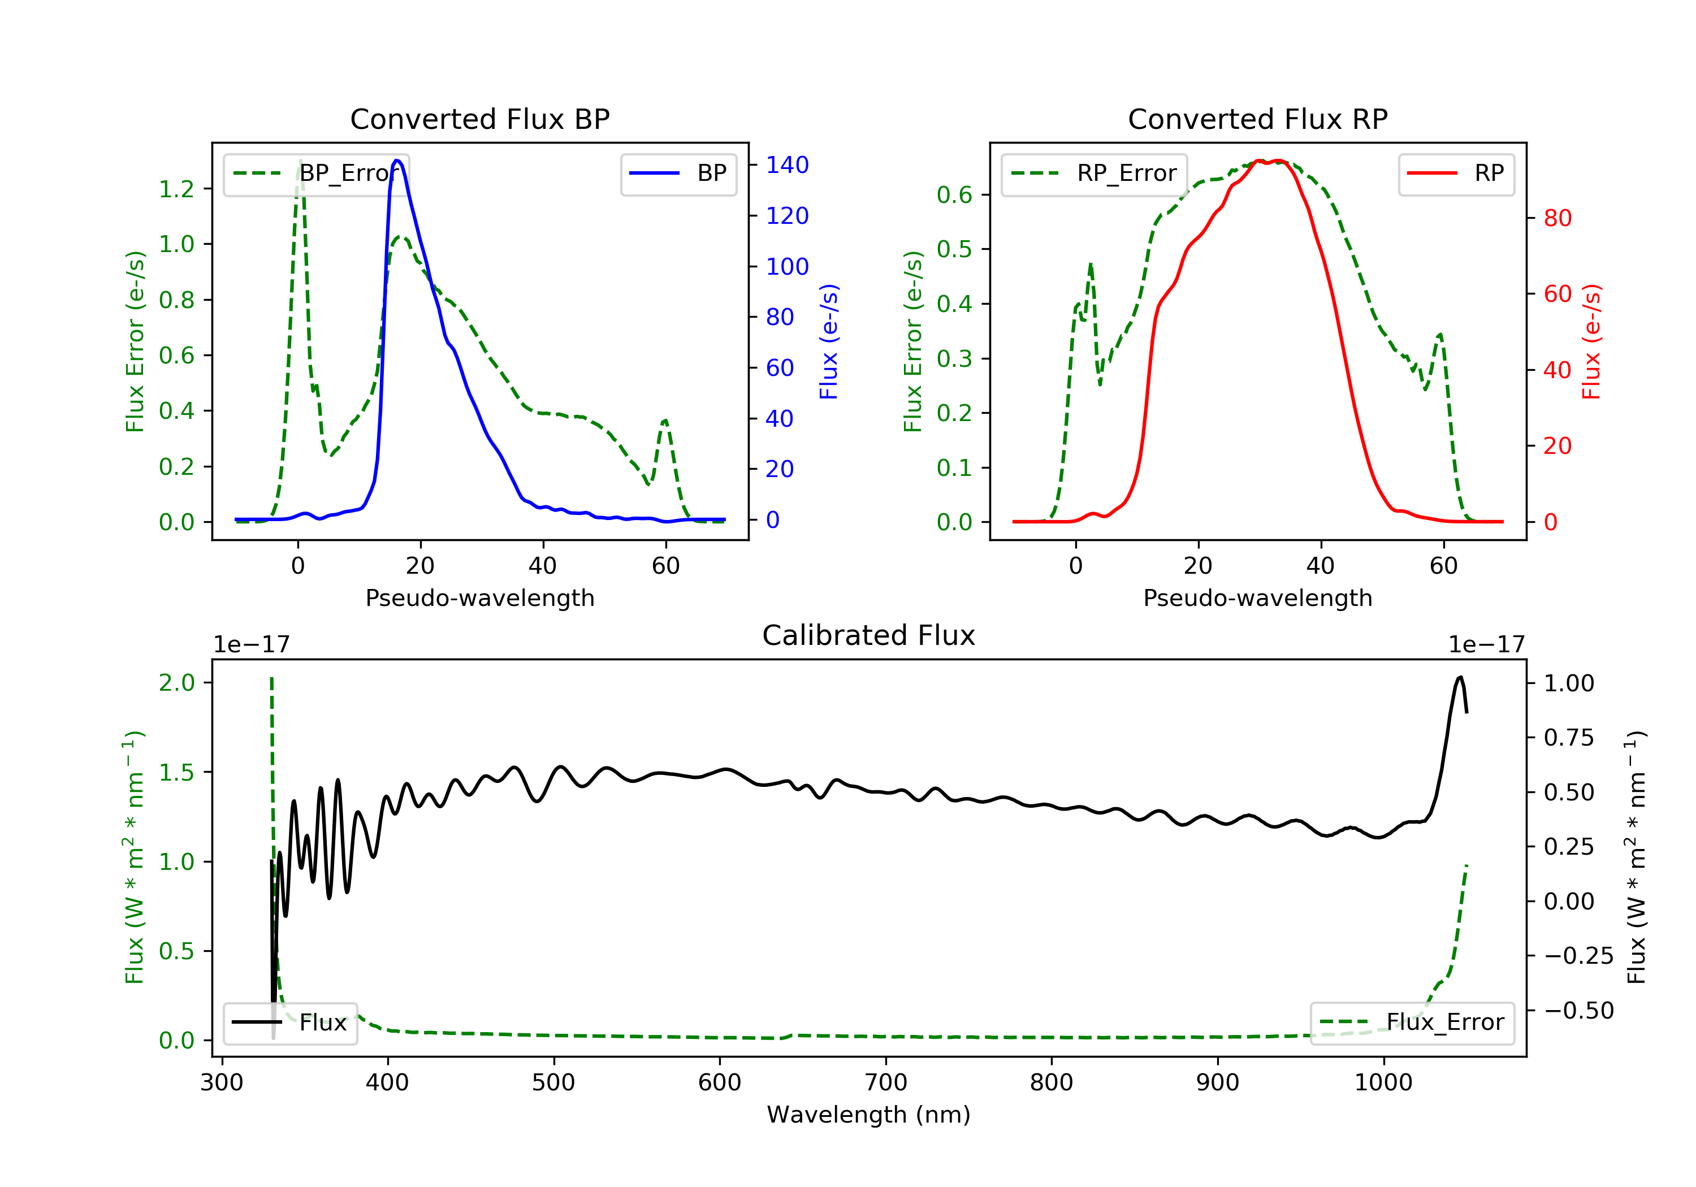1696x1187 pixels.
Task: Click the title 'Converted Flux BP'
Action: pos(479,119)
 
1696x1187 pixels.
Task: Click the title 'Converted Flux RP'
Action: pos(1257,119)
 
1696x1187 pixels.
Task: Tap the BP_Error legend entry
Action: pos(316,174)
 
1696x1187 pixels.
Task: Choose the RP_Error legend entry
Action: pos(1094,174)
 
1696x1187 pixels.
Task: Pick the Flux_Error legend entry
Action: pos(1412,1023)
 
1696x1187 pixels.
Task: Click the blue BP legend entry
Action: pos(678,174)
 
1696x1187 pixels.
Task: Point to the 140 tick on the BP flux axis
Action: pos(787,164)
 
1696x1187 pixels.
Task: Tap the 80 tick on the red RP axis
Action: pos(1557,218)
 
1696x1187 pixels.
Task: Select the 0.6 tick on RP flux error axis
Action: pos(954,195)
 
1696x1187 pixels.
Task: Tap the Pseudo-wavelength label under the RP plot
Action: pos(1257,597)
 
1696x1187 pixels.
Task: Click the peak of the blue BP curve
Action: pos(397,161)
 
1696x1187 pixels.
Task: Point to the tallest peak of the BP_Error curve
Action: pos(300,161)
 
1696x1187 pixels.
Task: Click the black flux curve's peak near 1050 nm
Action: pos(1460,677)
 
